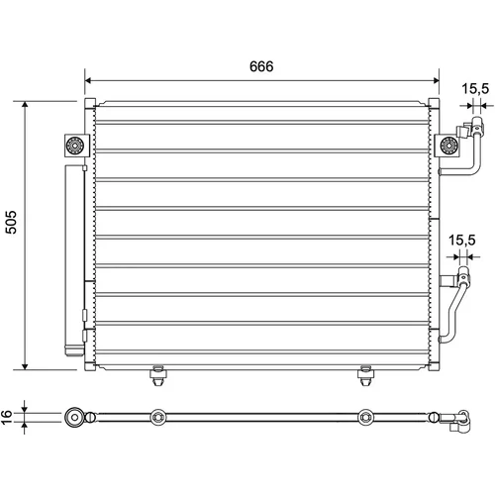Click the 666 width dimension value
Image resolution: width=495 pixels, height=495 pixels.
pos(261,66)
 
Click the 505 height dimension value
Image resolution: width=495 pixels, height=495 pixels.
pos(11,222)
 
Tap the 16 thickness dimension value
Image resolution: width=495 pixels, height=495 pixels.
pos(7,417)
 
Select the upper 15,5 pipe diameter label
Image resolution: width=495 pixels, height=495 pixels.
pos(475,88)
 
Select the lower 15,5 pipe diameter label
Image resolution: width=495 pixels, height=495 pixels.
pos(461,240)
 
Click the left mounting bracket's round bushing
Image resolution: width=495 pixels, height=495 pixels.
pos(75,146)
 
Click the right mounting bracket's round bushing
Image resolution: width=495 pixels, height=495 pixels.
pos(449,146)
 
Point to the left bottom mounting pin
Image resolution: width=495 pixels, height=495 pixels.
pos(158,375)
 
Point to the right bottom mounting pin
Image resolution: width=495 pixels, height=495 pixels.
pos(365,375)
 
